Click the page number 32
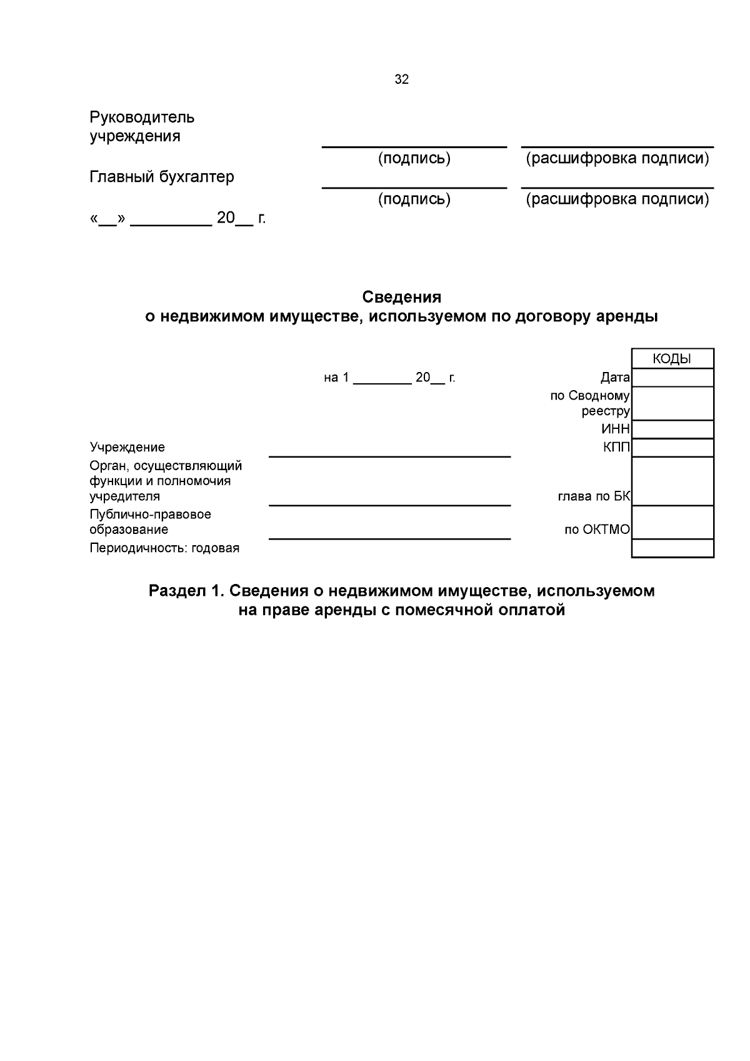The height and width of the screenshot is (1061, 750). pyautogui.click(x=401, y=79)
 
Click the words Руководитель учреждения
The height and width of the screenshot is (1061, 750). pyautogui.click(x=142, y=126)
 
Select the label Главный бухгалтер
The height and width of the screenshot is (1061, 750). pyautogui.click(x=162, y=177)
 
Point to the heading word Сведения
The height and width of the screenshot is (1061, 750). pyautogui.click(x=401, y=296)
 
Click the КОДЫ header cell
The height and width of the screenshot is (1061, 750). pyautogui.click(x=672, y=359)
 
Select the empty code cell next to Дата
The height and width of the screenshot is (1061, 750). pyautogui.click(x=672, y=378)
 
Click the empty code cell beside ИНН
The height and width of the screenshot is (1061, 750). pyautogui.click(x=672, y=429)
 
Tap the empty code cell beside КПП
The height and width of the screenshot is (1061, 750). pyautogui.click(x=672, y=448)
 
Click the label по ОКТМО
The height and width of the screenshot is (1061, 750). pyautogui.click(x=597, y=530)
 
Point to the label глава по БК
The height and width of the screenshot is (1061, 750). pyautogui.click(x=594, y=496)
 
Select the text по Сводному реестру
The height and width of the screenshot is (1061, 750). pyautogui.click(x=590, y=403)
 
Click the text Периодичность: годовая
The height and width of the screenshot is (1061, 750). pyautogui.click(x=164, y=548)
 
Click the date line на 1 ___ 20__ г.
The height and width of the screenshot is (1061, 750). pyautogui.click(x=389, y=378)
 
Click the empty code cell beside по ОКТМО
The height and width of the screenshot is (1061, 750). pyautogui.click(x=672, y=523)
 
